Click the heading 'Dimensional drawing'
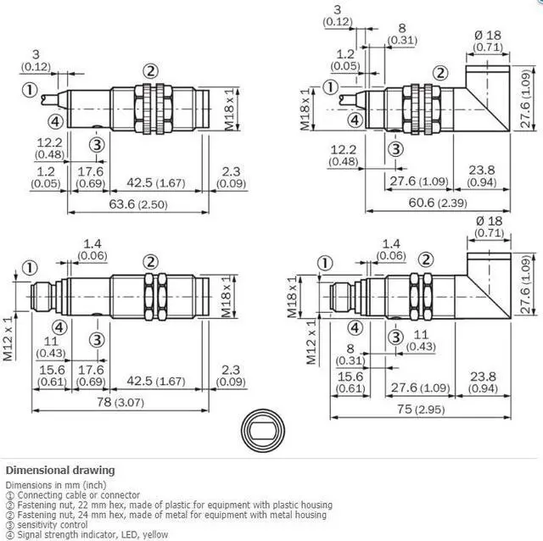click(59, 471)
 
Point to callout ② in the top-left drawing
click(150, 71)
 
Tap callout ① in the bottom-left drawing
click(31, 268)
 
